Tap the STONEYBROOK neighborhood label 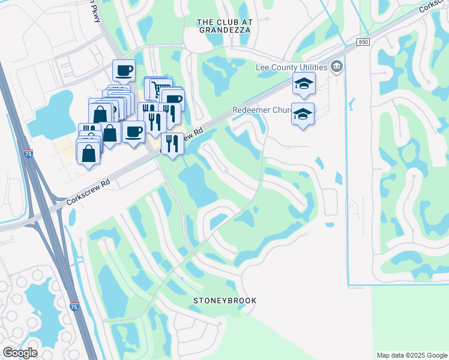(225, 300)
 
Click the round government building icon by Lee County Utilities (337, 66)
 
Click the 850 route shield (363, 42)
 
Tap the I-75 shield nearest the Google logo (74, 307)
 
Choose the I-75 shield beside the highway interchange (28, 154)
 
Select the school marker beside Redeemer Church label (303, 113)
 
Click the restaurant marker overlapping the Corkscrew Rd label (173, 142)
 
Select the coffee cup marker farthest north (124, 70)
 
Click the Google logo (20, 353)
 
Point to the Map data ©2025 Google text (411, 355)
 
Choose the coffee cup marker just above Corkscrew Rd (134, 131)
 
